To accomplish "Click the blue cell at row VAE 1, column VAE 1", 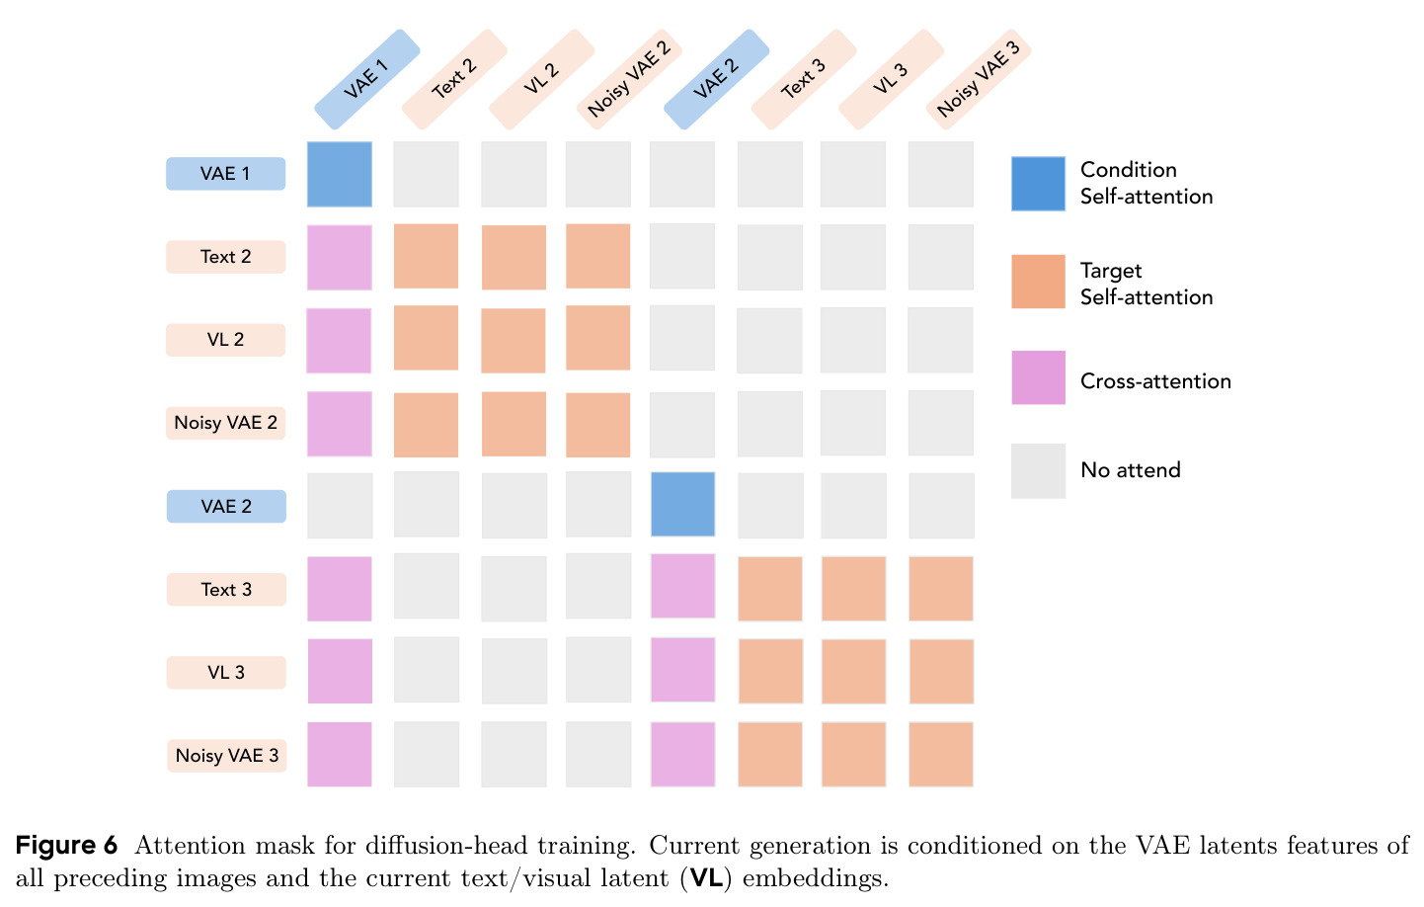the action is pyautogui.click(x=340, y=174).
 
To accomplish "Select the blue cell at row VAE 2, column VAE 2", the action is pyautogui.click(x=682, y=505).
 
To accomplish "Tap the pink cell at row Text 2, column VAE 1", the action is pyautogui.click(x=340, y=258).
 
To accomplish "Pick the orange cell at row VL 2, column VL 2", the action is pyautogui.click(x=514, y=340).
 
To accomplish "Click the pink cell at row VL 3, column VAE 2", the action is pyautogui.click(x=682, y=670).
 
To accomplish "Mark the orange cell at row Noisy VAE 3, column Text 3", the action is pyautogui.click(x=770, y=754).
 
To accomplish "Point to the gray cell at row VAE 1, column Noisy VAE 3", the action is pyautogui.click(x=941, y=174).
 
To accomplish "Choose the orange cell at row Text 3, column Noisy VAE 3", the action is pyautogui.click(x=941, y=589).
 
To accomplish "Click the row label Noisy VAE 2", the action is pyautogui.click(x=226, y=423).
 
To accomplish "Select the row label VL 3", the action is pyautogui.click(x=226, y=672).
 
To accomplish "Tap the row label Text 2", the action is pyautogui.click(x=226, y=257).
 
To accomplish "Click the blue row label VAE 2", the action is pyautogui.click(x=226, y=506).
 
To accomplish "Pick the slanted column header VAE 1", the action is pyautogui.click(x=366, y=79).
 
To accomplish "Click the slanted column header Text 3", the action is pyautogui.click(x=804, y=79).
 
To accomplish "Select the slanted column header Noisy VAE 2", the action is pyautogui.click(x=629, y=79).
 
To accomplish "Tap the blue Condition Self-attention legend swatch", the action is pyautogui.click(x=1038, y=184).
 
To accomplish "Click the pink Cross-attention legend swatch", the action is pyautogui.click(x=1038, y=377).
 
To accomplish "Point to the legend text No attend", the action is pyautogui.click(x=1131, y=470).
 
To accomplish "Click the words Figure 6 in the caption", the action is pyautogui.click(x=67, y=846).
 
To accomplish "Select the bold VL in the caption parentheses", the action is pyautogui.click(x=706, y=878).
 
